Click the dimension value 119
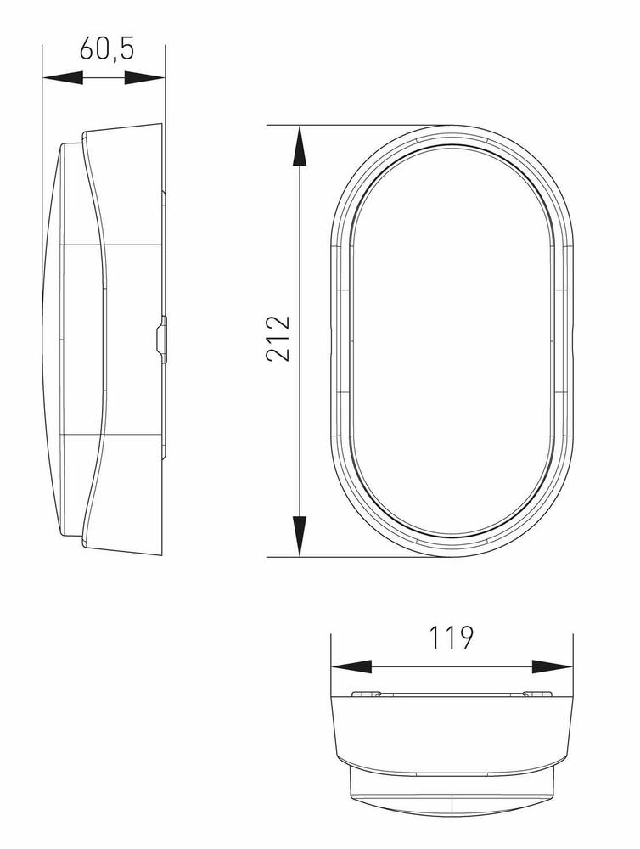point(451,637)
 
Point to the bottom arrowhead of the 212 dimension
point(300,537)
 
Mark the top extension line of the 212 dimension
point(356,125)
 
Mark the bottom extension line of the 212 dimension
point(356,558)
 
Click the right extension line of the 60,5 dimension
point(166,102)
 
